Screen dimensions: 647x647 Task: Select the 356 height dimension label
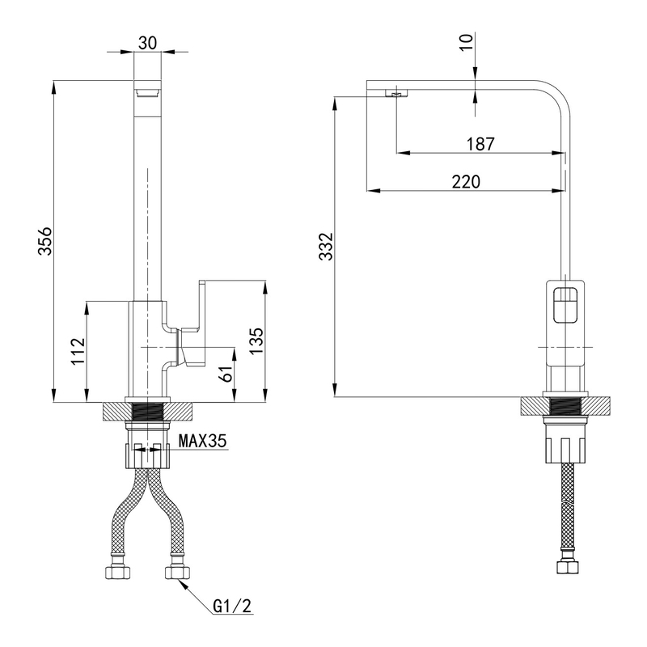click(x=46, y=242)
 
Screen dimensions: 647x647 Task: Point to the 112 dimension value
click(x=78, y=351)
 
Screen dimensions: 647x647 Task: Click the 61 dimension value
click(x=228, y=374)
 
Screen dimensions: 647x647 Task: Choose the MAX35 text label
click(x=203, y=442)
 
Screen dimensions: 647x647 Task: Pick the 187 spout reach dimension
click(x=480, y=143)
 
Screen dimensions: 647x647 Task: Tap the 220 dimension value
click(x=466, y=182)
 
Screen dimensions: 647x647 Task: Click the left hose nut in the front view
click(x=117, y=573)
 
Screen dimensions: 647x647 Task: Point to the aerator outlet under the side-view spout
click(x=395, y=94)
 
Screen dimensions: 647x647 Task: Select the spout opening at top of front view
click(x=148, y=91)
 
